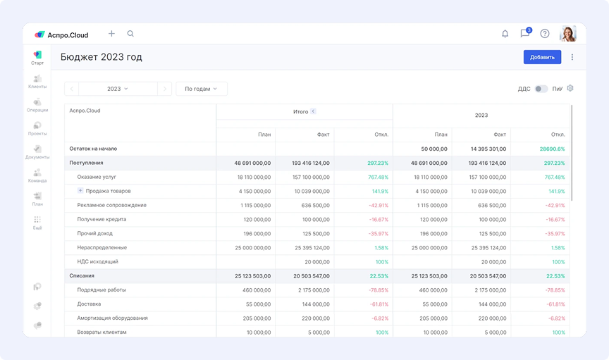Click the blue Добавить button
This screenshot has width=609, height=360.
coord(542,57)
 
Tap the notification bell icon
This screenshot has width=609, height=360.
coord(505,34)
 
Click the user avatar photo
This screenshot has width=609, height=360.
coord(568,34)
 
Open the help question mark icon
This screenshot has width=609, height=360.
coord(545,34)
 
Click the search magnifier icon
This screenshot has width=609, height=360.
coord(130,34)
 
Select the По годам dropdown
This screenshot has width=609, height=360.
coord(201,89)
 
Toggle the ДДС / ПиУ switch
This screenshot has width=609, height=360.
coord(541,89)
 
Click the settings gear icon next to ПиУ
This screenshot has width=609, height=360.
coord(571,89)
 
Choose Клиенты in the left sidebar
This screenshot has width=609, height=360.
coord(37,82)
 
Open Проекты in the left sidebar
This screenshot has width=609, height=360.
coord(37,129)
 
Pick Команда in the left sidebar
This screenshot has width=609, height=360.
coord(37,175)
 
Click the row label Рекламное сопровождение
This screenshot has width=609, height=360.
coord(111,205)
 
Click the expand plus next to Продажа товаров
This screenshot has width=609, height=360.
coord(80,191)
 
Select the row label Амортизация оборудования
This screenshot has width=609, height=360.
coord(113,318)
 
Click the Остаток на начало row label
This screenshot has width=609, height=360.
coord(93,149)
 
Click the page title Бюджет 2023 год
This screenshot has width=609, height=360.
coord(101,57)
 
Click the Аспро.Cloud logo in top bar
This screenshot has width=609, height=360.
coord(62,34)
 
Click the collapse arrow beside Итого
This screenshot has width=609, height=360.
coord(313,111)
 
